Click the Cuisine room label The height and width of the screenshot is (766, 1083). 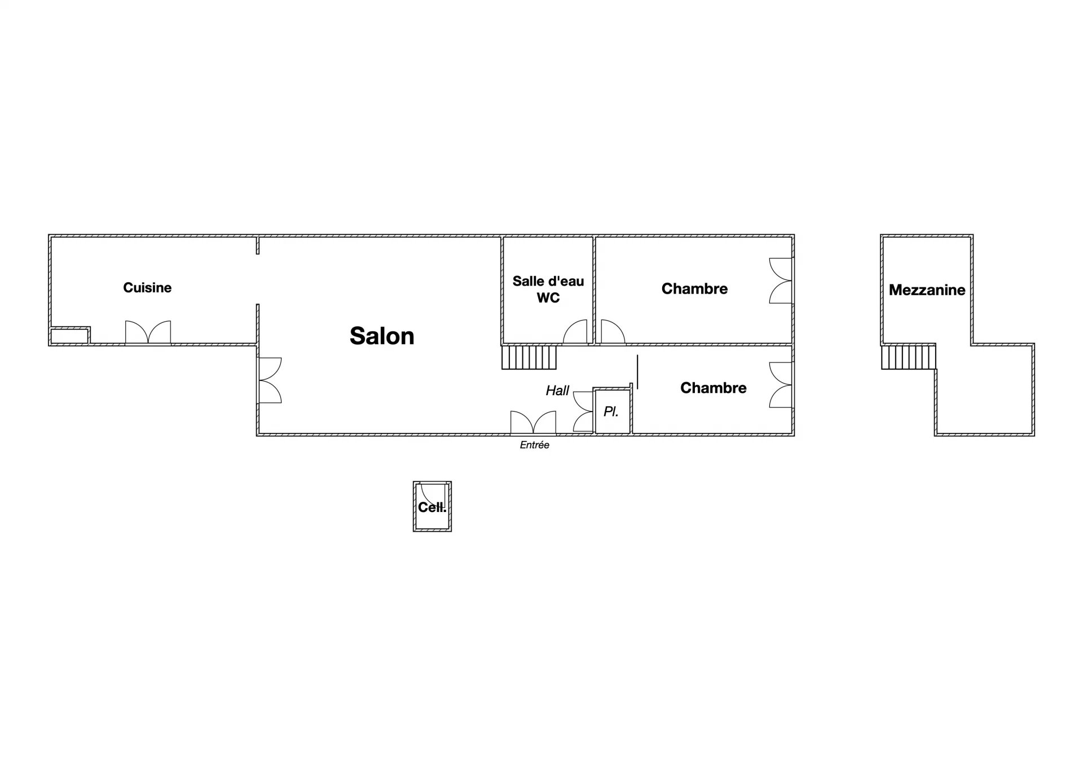tap(147, 287)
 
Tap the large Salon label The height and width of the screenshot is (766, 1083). tap(382, 336)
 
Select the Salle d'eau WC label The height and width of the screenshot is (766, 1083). tap(548, 289)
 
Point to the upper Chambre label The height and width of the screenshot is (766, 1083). tap(694, 288)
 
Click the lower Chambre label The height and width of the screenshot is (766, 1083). tap(713, 388)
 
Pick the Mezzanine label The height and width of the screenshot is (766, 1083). tap(927, 290)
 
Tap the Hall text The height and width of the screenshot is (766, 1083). tap(557, 391)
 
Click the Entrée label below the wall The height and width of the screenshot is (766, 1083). tap(534, 445)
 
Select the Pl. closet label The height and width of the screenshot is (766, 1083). tap(611, 412)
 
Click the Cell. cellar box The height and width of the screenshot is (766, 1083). tap(432, 506)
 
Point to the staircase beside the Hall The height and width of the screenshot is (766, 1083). tap(529, 357)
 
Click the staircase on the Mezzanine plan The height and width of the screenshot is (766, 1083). tap(909, 357)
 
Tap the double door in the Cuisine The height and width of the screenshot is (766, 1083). tap(148, 332)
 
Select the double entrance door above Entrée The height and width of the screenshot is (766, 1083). tap(533, 422)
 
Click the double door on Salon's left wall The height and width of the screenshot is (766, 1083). tap(270, 380)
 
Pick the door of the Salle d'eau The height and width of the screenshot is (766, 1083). tap(575, 331)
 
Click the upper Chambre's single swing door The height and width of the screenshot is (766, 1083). tap(613, 331)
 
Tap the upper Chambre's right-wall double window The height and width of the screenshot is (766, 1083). tap(781, 281)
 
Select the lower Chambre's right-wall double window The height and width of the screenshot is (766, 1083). tap(781, 385)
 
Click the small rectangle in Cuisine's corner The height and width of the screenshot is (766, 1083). tap(69, 336)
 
